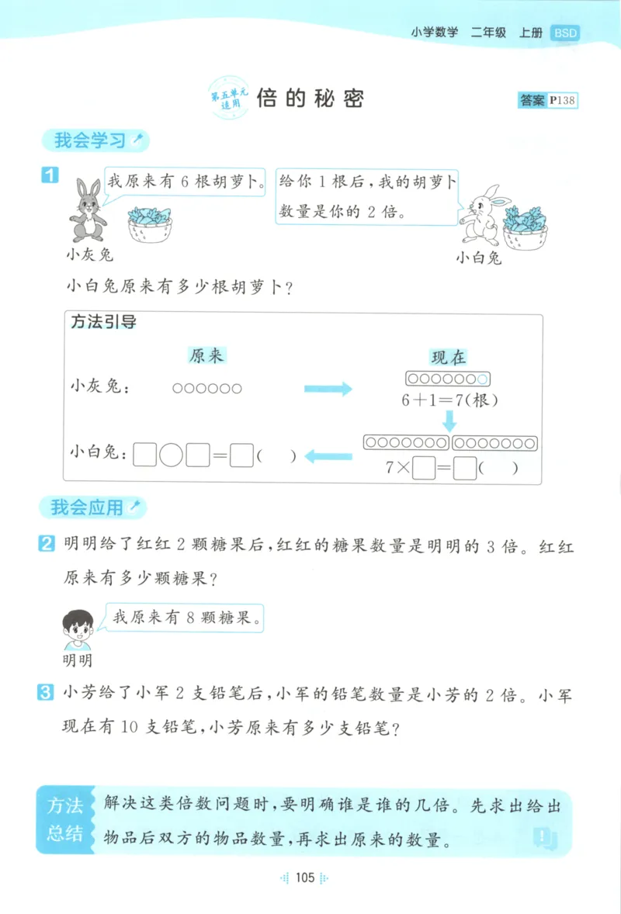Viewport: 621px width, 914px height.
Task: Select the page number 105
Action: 304,878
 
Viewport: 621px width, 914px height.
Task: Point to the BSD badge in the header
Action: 564,33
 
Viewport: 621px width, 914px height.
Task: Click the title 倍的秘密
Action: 310,99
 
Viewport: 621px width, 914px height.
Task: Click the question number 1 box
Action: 49,175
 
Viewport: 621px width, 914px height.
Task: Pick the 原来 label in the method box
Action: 206,355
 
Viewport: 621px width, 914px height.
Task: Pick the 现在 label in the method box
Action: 449,357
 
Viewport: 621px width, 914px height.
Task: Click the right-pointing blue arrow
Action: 328,389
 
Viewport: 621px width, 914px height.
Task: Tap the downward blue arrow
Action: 449,421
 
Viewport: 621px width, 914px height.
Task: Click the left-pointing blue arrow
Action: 329,456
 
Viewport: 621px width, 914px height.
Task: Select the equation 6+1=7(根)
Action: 449,401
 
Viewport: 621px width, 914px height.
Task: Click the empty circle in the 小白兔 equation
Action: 171,455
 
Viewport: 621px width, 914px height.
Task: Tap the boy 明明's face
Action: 78,626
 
